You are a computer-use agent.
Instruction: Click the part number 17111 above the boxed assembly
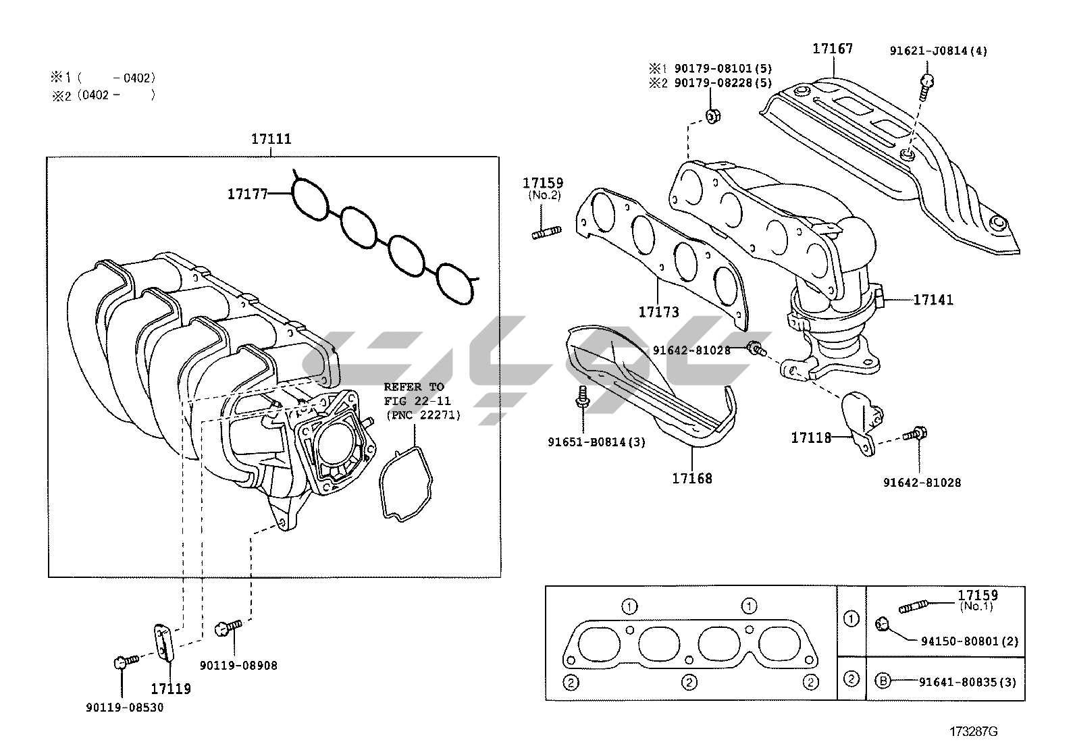[271, 139]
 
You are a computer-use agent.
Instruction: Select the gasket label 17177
[247, 194]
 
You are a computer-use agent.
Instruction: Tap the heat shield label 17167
[832, 49]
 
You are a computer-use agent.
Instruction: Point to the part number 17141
[933, 300]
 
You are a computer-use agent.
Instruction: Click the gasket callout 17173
[658, 312]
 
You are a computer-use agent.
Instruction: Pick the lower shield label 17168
[691, 479]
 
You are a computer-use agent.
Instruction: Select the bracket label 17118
[811, 438]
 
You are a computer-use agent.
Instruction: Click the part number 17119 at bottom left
[170, 689]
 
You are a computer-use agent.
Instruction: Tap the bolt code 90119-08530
[124, 707]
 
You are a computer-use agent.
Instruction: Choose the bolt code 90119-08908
[238, 666]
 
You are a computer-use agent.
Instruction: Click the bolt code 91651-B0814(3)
[596, 442]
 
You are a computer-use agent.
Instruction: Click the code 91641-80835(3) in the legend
[967, 682]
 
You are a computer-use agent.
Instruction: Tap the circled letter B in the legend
[882, 681]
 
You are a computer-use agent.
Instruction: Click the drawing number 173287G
[973, 731]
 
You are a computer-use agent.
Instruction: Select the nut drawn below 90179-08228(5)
[711, 117]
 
